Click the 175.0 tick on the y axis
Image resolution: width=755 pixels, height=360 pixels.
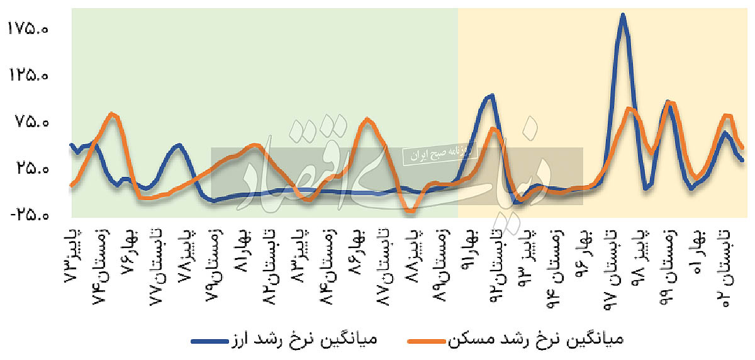[30, 29]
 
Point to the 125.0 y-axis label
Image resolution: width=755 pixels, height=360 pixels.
[30, 76]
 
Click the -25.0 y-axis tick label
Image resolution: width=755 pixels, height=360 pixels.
[30, 215]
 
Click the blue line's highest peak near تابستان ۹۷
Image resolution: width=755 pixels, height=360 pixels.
[623, 15]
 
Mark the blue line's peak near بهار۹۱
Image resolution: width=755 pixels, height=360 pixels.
[491, 96]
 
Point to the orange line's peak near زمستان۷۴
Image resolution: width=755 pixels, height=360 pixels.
[112, 114]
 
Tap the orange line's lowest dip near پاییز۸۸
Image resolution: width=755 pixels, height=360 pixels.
[410, 211]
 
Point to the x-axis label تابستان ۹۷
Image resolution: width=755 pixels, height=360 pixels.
[610, 264]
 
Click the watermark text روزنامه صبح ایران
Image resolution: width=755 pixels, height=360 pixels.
[440, 153]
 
